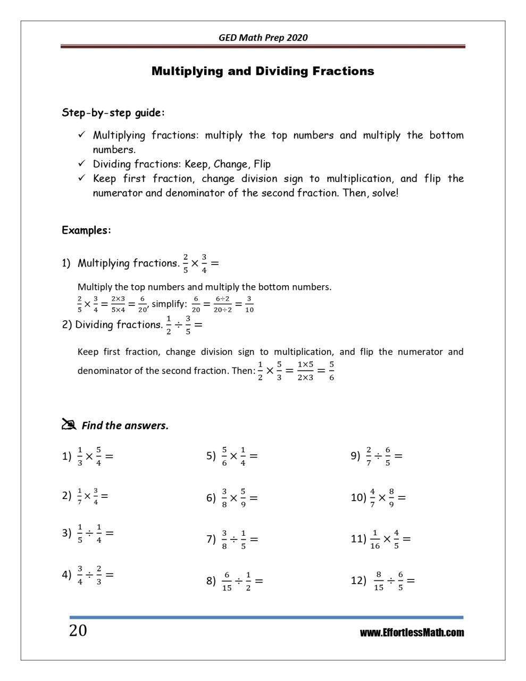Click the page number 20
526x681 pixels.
coord(78,630)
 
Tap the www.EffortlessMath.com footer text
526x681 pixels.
coord(412,633)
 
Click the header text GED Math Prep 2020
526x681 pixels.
coord(263,37)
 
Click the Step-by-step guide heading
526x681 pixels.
coord(113,113)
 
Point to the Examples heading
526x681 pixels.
coord(86,230)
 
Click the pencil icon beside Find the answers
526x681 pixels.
coord(69,424)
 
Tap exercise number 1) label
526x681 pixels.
coord(66,456)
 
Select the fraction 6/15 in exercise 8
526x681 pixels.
coord(227,581)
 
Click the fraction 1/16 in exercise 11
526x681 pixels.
coord(375,539)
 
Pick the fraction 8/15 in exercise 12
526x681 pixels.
coord(378,580)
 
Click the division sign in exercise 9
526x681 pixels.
coord(377,456)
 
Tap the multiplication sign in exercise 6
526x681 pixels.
coord(233,498)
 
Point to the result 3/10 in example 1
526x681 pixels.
coord(249,305)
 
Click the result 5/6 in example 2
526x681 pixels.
coord(331,371)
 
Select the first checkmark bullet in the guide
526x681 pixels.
coord(81,135)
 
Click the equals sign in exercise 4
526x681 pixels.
coord(110,575)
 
